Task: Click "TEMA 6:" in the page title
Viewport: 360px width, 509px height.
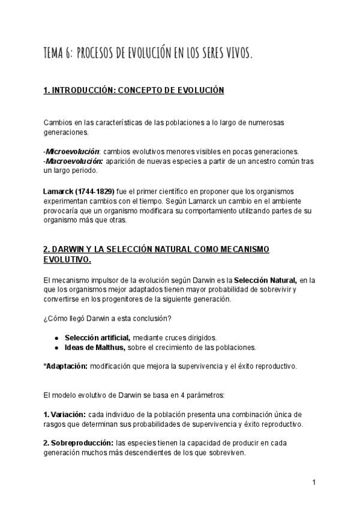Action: [x=58, y=54]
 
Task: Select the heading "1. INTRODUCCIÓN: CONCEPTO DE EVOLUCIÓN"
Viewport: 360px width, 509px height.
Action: [x=134, y=91]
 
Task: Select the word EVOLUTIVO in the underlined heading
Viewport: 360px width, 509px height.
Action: [x=67, y=259]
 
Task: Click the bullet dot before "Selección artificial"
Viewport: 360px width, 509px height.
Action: [x=56, y=337]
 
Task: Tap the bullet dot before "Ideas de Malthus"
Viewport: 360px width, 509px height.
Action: [x=56, y=347]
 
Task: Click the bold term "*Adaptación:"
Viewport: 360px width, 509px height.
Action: [x=65, y=366]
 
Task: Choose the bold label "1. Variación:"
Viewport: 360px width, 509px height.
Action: [x=64, y=414]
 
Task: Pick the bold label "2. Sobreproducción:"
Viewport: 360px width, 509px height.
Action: [x=79, y=443]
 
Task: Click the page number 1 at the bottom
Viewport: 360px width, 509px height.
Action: [x=314, y=482]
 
